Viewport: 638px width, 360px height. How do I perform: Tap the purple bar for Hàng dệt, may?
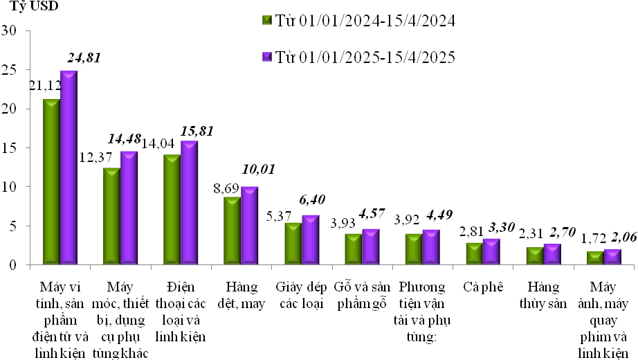tap(249, 225)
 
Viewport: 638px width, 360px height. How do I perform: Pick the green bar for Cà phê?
tap(474, 253)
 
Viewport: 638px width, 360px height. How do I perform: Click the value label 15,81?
tap(197, 130)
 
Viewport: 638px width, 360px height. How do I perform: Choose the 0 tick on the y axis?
tap(13, 264)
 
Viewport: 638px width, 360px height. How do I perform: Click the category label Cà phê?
tap(482, 286)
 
